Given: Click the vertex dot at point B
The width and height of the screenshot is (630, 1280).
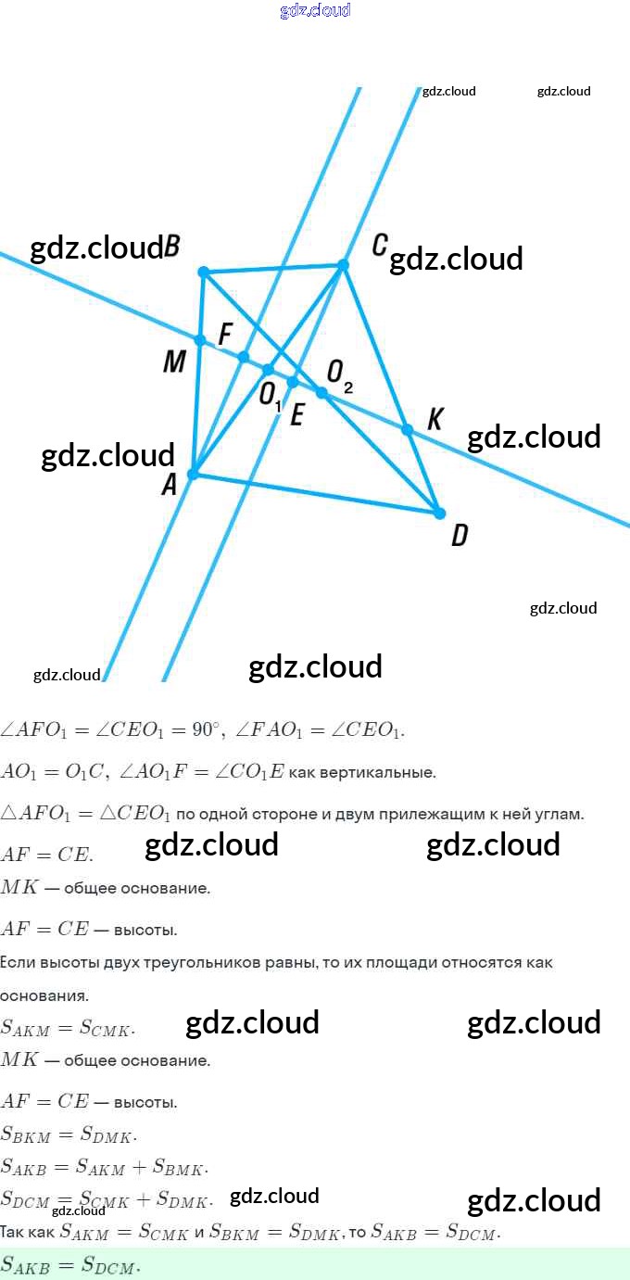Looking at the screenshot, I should pos(204,272).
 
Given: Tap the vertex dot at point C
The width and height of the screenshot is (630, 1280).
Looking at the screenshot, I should pos(343,265).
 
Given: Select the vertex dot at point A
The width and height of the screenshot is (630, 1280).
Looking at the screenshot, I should pos(193,474).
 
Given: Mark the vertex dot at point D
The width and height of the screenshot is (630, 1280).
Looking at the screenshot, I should pos(439,513).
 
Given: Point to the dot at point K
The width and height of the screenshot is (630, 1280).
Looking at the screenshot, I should pos(407,429).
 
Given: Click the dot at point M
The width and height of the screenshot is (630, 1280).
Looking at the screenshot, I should pos(200,340).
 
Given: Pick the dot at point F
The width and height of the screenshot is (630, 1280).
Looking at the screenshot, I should pos(244,357).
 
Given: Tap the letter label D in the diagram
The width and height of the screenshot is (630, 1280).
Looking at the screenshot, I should pos(459,536).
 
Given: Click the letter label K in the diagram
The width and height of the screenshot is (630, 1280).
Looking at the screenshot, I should pos(435,419).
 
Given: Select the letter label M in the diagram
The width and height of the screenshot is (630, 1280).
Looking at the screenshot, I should pos(174,361).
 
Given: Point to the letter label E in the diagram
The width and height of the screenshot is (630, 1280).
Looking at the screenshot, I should pos(296,415).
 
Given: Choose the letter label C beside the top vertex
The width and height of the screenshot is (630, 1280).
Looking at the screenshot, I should pos(380,246).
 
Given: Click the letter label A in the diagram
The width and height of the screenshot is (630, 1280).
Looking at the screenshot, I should pos(169,485).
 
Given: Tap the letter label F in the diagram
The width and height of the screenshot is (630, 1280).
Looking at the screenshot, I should pos(224,334).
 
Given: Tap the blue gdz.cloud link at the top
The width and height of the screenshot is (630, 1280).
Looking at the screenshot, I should pos(315,10).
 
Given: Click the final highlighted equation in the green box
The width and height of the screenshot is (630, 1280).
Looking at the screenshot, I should pos(70,1264).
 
